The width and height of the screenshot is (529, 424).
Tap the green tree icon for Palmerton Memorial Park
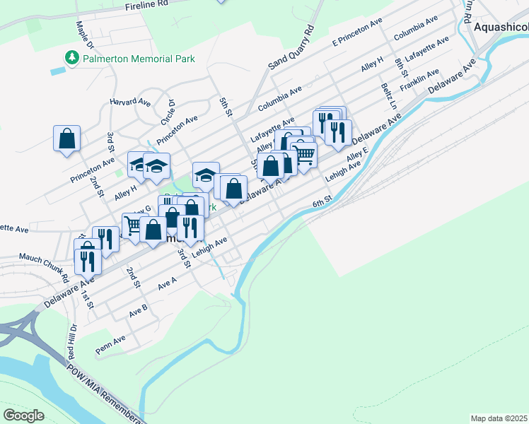(71, 57)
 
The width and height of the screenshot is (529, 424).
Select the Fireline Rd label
(147, 4)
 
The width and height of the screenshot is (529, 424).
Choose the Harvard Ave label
(130, 102)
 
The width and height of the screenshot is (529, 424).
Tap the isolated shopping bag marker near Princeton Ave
(66, 139)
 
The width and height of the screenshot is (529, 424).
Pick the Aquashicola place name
(501, 26)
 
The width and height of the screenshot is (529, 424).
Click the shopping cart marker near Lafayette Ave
(304, 154)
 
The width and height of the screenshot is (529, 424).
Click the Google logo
(23, 416)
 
